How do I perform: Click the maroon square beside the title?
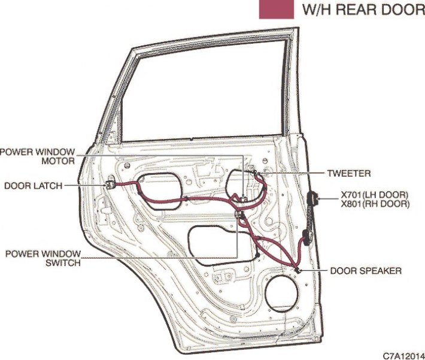pos(276,10)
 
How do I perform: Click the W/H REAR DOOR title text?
pos(363,10)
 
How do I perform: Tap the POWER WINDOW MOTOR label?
pos(37,156)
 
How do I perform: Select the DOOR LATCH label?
pos(34,186)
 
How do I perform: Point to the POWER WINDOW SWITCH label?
pos(43,258)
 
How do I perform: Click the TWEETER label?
pos(349,173)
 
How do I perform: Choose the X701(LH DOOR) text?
pos(375,195)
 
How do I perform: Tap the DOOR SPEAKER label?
pos(366,271)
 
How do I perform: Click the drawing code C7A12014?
pos(403,355)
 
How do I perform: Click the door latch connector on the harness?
pos(110,184)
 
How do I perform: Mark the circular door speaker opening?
pos(281,294)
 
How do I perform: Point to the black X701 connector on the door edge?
pos(312,198)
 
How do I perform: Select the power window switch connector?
pos(239,215)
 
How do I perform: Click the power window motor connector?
pos(244,199)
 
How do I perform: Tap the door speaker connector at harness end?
pos(297,270)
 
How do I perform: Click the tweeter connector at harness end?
pos(255,172)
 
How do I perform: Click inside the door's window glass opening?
pos(204,92)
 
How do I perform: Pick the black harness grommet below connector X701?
pos(308,238)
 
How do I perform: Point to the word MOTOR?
pos(58,161)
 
